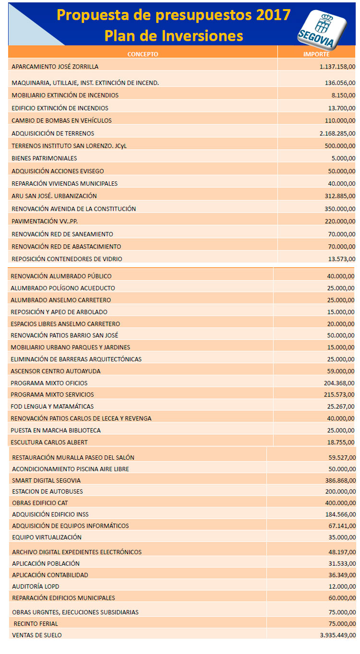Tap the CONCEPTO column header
pyautogui.click(x=143, y=54)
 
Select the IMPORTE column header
pyautogui.click(x=316, y=54)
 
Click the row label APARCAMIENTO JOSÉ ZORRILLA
pyautogui.click(x=55, y=67)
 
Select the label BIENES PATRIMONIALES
pyautogui.click(x=44, y=158)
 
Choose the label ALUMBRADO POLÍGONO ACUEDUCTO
pyautogui.click(x=62, y=288)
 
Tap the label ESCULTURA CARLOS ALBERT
pyautogui.click(x=49, y=442)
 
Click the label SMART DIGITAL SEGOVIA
pyautogui.click(x=46, y=480)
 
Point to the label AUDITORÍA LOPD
pyautogui.click(x=36, y=586)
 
